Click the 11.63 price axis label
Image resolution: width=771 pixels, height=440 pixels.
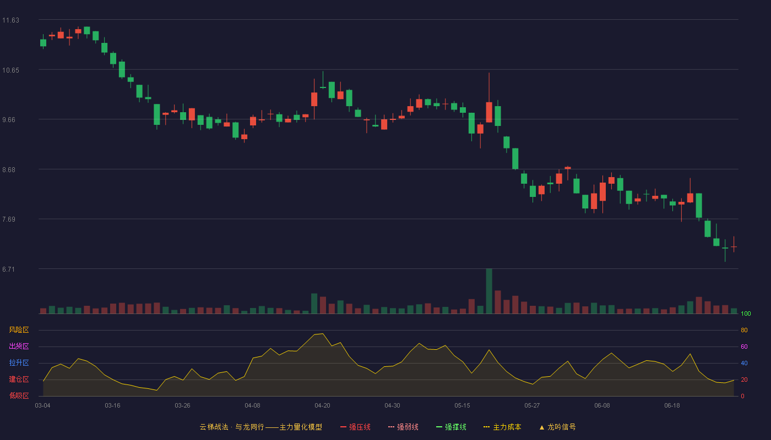10,20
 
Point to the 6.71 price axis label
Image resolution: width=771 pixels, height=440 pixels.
9,269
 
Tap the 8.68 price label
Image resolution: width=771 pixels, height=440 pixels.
9,170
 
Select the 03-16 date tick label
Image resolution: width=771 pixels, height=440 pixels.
112,406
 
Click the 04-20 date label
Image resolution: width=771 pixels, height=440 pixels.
322,406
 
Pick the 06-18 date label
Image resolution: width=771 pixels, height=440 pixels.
672,406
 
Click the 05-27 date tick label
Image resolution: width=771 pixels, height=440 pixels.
532,406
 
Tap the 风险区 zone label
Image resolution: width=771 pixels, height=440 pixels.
19,330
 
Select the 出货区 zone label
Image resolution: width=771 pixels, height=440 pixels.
19,346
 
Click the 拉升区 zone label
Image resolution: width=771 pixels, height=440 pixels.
19,362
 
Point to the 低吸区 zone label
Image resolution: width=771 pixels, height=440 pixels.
19,395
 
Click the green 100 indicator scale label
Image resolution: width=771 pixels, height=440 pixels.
746,313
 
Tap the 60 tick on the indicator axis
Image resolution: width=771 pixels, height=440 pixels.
744,346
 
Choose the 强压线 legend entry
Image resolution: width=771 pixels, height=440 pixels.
355,427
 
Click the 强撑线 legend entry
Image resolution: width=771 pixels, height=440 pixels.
451,427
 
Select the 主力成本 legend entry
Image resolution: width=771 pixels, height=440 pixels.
502,427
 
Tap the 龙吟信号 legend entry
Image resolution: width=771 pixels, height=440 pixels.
557,427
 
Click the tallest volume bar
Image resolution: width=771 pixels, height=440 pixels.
489,291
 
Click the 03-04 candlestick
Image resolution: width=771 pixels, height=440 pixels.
43,42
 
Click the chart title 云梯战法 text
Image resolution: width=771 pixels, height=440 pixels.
214,427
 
